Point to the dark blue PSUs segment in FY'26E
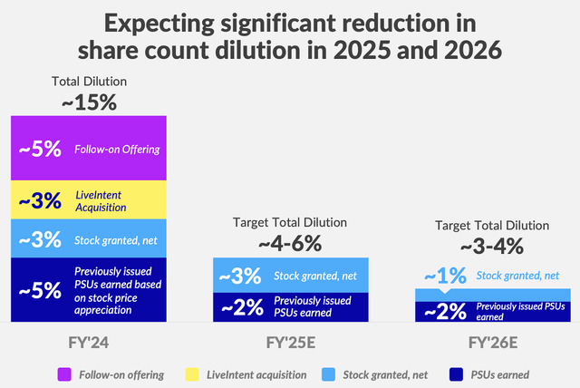[x=492, y=311]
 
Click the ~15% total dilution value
[x=88, y=102]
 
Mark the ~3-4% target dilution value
[x=492, y=245]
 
